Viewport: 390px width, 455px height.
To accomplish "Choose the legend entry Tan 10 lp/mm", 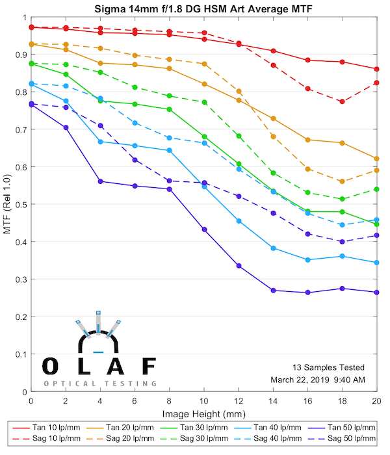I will point(61,427).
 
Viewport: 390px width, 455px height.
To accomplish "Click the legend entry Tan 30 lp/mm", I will point(203,427).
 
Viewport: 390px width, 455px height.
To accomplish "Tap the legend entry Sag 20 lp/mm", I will point(133,439).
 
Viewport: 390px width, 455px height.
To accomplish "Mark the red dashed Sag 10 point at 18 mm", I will point(343,101).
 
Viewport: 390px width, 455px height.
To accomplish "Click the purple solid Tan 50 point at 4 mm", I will point(100,181).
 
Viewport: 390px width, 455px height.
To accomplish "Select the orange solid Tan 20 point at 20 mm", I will point(377,159).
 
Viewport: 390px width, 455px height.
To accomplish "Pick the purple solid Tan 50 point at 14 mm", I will point(273,291).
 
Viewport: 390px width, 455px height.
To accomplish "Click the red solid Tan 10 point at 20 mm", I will point(377,69).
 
